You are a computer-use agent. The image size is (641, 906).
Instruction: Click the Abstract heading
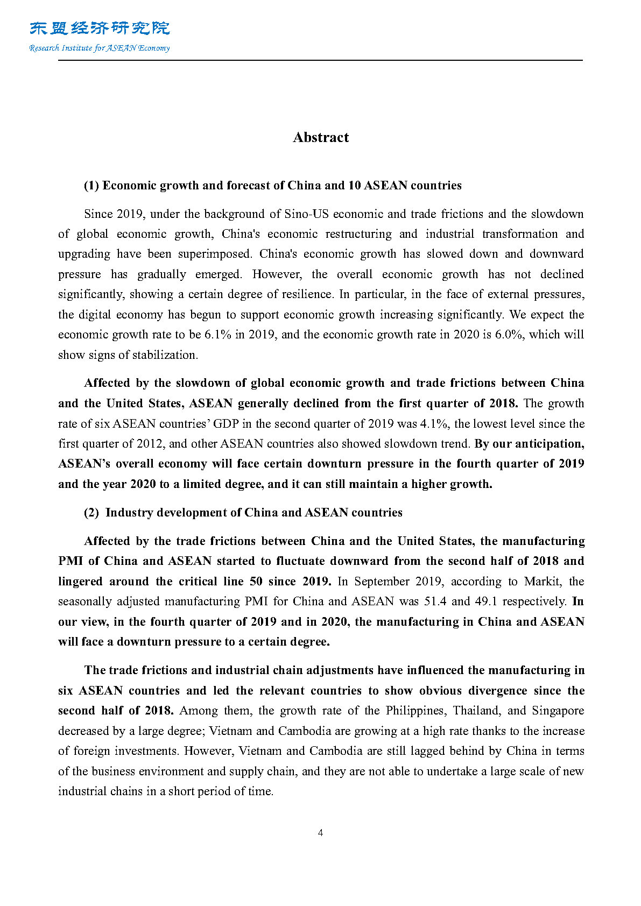(321, 138)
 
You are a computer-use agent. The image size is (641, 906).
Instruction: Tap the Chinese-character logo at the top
(100, 28)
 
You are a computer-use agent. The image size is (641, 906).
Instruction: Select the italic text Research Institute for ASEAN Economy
(100, 48)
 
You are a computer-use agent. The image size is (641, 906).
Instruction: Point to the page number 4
(321, 833)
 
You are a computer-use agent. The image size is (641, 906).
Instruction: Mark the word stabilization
(164, 355)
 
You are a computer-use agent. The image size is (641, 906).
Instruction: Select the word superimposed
(215, 254)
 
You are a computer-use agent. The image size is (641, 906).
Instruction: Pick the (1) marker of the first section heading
(91, 186)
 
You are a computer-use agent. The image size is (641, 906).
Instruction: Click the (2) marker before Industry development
(91, 513)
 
